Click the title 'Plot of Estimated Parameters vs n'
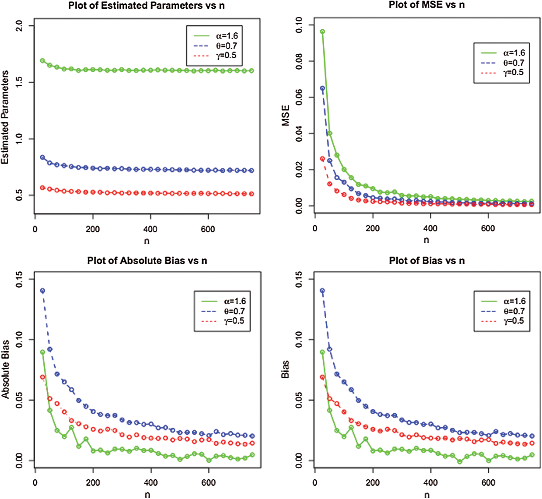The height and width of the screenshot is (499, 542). (146, 6)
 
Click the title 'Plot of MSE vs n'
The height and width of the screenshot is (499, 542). (427, 5)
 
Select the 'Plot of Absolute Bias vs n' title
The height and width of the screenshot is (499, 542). (147, 261)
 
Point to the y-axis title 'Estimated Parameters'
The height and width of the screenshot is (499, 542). (5, 117)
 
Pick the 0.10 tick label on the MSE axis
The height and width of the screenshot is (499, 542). (299, 25)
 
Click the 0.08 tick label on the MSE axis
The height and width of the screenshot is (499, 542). (299, 61)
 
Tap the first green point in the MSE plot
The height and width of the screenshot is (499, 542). (322, 32)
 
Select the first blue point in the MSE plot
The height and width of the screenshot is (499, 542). (322, 88)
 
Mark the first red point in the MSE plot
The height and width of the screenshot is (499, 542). (322, 159)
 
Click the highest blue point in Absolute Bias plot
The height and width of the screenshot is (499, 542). (43, 291)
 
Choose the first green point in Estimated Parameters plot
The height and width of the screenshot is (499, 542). (42, 60)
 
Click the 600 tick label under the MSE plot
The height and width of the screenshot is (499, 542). (488, 229)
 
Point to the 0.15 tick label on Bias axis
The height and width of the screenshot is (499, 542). (299, 279)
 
